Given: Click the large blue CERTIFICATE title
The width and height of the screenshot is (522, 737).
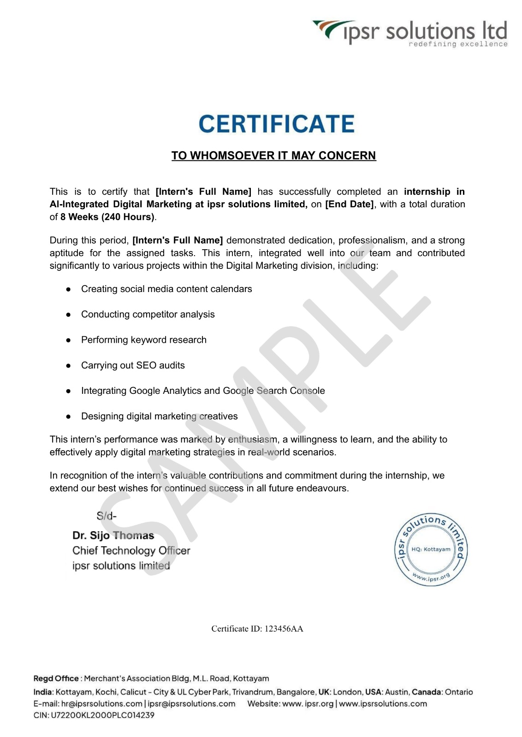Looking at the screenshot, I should pos(276,124).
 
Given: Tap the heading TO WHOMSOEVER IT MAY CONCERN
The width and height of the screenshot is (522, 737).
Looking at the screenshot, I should pos(273,156).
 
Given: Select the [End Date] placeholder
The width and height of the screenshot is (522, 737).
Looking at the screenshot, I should pos(349,204).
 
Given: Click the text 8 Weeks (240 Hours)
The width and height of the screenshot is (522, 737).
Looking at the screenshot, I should pos(107,217).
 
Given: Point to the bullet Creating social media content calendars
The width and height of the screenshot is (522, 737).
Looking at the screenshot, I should pos(166,289).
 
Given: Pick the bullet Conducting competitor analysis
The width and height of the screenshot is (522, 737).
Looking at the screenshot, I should pos(148,314).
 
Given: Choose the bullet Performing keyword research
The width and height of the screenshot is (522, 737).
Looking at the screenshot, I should pos(143,340).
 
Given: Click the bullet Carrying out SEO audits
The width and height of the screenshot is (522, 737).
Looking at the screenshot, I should pos(133,365).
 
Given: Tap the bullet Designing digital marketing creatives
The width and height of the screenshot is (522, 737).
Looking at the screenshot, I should pos(159,416).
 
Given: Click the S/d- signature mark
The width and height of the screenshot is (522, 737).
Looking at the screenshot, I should pos(107,516).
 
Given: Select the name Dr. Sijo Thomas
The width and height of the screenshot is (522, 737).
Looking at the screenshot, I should pos(113,535).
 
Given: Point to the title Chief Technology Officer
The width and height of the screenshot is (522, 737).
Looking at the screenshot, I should pos(131,550).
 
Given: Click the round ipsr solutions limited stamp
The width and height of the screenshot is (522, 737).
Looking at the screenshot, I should pos(431,549).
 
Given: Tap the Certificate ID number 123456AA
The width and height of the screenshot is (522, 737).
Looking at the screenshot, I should pos(284,629).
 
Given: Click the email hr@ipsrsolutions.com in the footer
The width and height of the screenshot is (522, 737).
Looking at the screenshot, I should pos(101,704).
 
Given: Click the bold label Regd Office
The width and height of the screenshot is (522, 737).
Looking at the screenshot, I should pos(56,679).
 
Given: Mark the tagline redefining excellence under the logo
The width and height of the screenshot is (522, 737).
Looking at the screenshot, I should pos(457,44).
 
